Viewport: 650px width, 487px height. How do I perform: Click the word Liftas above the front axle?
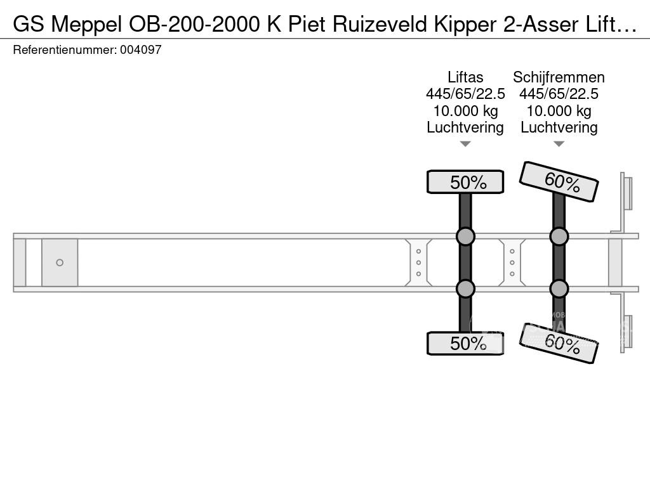pyautogui.click(x=465, y=77)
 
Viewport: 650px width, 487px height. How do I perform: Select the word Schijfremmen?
pyautogui.click(x=559, y=77)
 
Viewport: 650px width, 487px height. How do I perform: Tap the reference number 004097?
pyautogui.click(x=140, y=49)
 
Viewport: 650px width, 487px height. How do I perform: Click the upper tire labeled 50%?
pyautogui.click(x=465, y=182)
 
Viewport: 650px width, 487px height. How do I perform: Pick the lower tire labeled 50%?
pyautogui.click(x=465, y=343)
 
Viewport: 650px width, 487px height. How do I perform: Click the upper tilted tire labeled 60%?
pyautogui.click(x=559, y=181)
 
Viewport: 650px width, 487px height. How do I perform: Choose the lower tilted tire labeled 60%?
pyautogui.click(x=559, y=343)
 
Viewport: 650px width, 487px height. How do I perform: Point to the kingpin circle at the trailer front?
pyautogui.click(x=60, y=263)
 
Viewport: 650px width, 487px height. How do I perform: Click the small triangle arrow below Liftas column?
pyautogui.click(x=465, y=144)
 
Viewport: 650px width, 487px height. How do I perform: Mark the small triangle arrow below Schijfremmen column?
pyautogui.click(x=559, y=144)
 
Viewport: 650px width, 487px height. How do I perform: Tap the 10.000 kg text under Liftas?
pyautogui.click(x=465, y=111)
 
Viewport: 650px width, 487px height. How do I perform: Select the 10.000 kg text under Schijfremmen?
pyautogui.click(x=559, y=111)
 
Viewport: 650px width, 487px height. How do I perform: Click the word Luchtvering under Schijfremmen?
pyautogui.click(x=559, y=127)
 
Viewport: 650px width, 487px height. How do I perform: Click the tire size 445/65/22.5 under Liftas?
pyautogui.click(x=465, y=94)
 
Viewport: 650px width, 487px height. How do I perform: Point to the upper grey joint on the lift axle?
pyautogui.click(x=465, y=237)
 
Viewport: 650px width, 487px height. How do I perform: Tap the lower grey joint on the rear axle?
pyautogui.click(x=559, y=289)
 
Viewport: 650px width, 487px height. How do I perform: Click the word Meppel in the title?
pyautogui.click(x=86, y=25)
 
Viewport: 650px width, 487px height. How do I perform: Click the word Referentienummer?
pyautogui.click(x=65, y=49)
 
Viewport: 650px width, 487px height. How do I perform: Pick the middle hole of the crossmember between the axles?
pyautogui.click(x=512, y=263)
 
